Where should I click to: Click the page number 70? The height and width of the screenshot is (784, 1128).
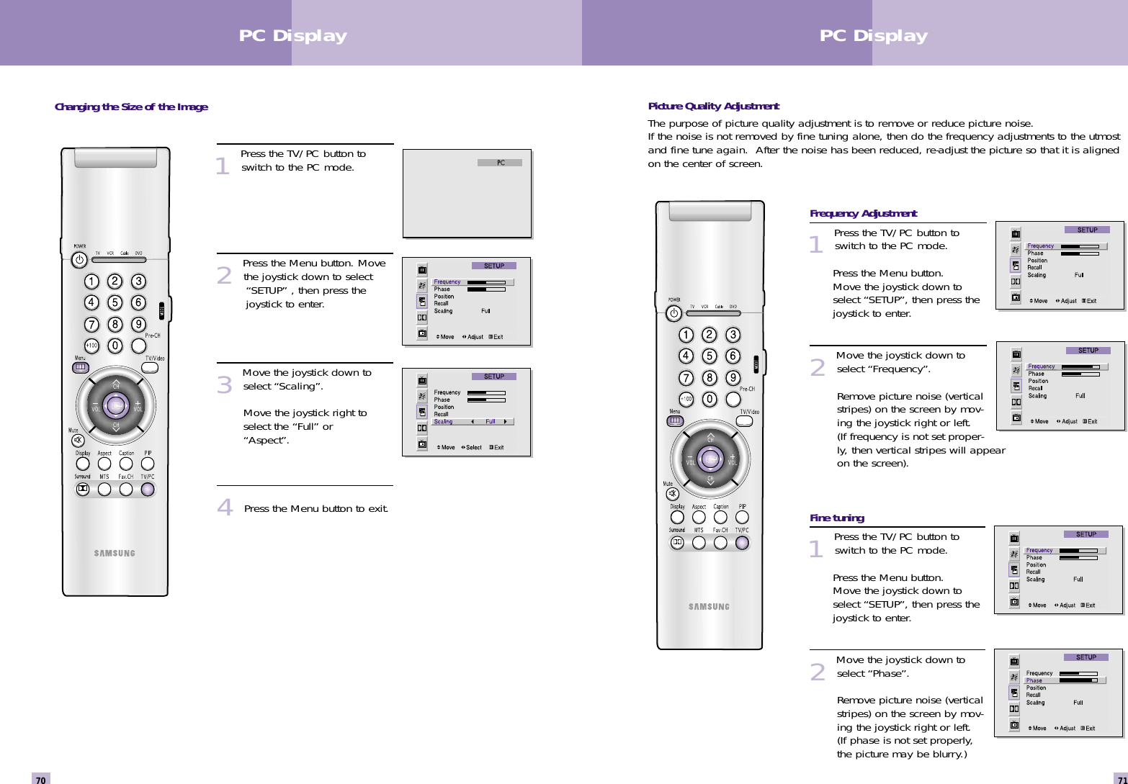pyautogui.click(x=41, y=779)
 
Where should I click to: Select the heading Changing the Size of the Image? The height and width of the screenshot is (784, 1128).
pyautogui.click(x=131, y=107)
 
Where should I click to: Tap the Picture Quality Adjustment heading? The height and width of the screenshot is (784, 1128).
pyautogui.click(x=713, y=106)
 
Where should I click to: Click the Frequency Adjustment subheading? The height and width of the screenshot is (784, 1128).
pyautogui.click(x=863, y=213)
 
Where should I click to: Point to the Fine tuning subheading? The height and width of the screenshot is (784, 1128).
pyautogui.click(x=836, y=518)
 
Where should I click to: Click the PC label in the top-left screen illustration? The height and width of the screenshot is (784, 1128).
pyautogui.click(x=500, y=163)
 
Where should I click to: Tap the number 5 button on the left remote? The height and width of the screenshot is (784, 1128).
pyautogui.click(x=115, y=302)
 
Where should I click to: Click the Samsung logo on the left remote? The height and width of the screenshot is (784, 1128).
pyautogui.click(x=115, y=553)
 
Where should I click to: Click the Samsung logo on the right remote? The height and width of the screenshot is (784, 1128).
pyautogui.click(x=709, y=606)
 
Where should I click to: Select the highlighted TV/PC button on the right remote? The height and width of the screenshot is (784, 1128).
pyautogui.click(x=742, y=543)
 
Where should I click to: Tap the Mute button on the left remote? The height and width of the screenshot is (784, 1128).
pyautogui.click(x=78, y=441)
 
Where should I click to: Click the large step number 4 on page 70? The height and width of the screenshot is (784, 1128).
pyautogui.click(x=225, y=508)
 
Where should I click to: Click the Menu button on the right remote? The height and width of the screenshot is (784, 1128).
pyautogui.click(x=675, y=421)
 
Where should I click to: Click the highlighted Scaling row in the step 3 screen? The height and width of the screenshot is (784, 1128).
pyautogui.click(x=473, y=422)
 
